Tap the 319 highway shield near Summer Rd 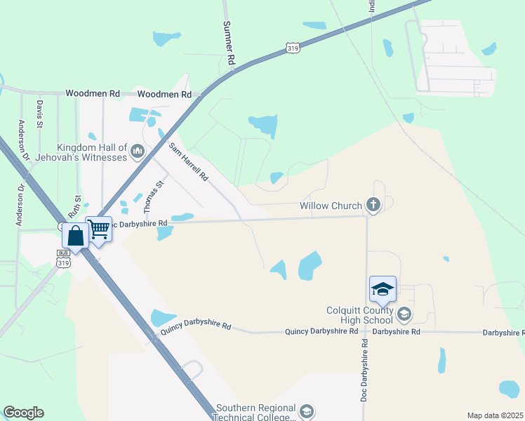[293, 47]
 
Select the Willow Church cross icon [373, 206]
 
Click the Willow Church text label [330, 206]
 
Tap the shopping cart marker [99, 229]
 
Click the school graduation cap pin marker [383, 290]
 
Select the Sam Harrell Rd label [187, 163]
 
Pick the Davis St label [40, 114]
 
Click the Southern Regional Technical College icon [306, 410]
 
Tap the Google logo [23, 413]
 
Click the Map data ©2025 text [496, 415]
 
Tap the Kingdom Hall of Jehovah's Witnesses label [92, 152]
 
